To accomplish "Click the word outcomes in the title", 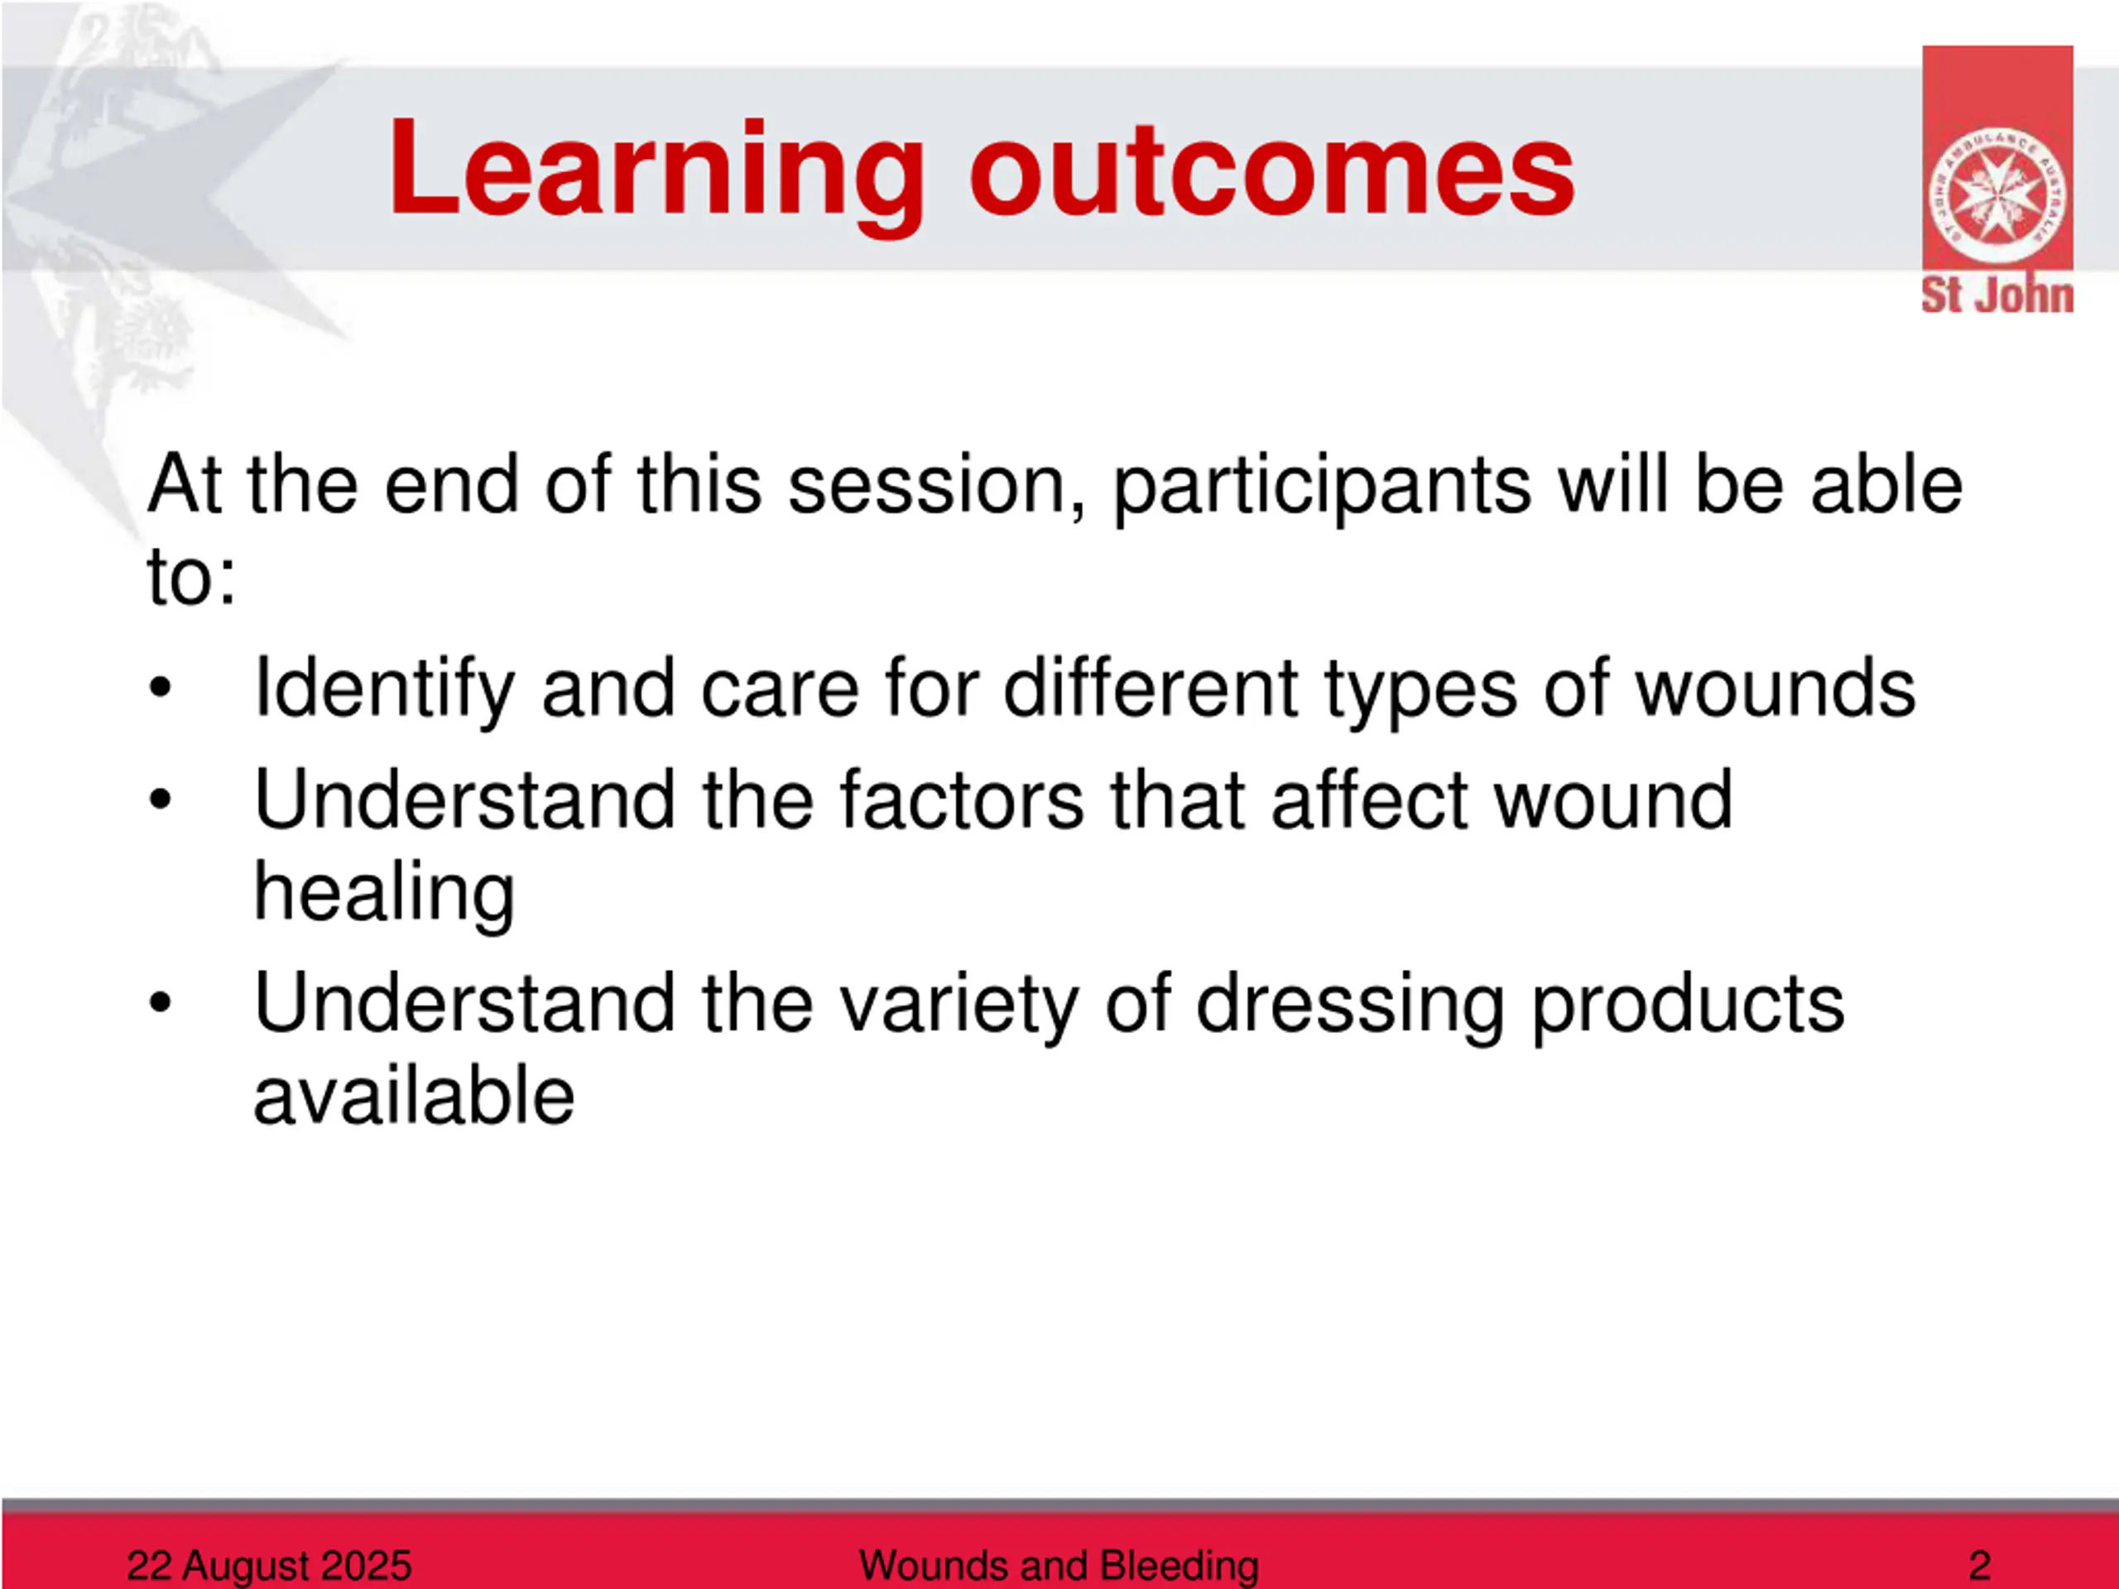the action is point(1272,172).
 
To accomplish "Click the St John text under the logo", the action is point(1997,295).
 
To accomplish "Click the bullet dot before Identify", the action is point(160,689).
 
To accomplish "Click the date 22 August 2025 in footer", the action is point(269,1565).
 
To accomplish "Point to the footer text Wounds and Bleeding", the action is point(1059,1565).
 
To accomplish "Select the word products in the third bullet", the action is point(1687,1006).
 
